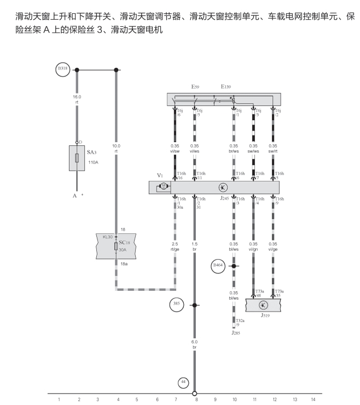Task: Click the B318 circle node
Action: (62, 69)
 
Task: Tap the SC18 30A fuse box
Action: (116, 245)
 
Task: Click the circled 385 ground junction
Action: (176, 305)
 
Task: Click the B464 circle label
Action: (218, 266)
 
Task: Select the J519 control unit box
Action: (263, 305)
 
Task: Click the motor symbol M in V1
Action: (164, 187)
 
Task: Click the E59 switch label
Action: (195, 87)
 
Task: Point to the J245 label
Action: (224, 199)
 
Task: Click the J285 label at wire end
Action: (236, 332)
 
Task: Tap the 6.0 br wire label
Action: (195, 344)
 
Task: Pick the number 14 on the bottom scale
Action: (313, 400)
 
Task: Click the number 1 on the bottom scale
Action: (59, 400)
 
